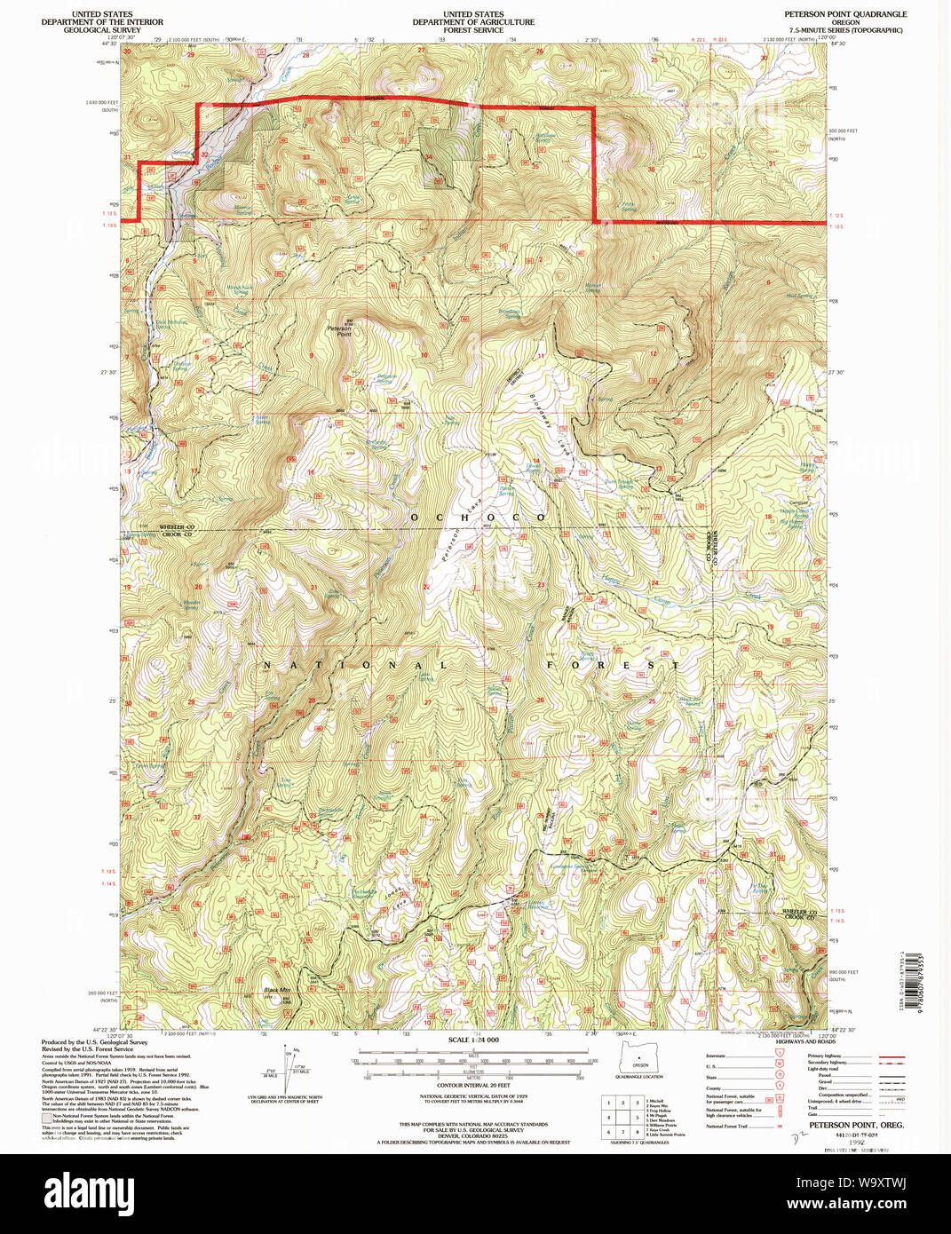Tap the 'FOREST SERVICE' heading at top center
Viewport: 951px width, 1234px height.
tap(473, 30)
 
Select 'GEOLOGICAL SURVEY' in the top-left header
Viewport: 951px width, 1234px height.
tap(101, 30)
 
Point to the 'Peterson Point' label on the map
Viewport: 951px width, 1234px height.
tap(339, 331)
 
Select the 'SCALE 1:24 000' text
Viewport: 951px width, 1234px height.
tap(473, 1040)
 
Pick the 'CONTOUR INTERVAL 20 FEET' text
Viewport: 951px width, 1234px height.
tap(473, 1085)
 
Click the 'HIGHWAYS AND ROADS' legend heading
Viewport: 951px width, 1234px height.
tap(804, 1041)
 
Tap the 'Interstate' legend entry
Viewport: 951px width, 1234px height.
tap(716, 1056)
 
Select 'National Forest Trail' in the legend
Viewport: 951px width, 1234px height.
tap(726, 1126)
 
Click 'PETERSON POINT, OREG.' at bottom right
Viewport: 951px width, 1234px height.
tap(844, 1125)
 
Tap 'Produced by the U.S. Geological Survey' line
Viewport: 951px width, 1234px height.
tap(94, 1042)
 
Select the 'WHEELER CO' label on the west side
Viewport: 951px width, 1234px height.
tap(177, 526)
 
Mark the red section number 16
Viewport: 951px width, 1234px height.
tap(311, 472)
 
